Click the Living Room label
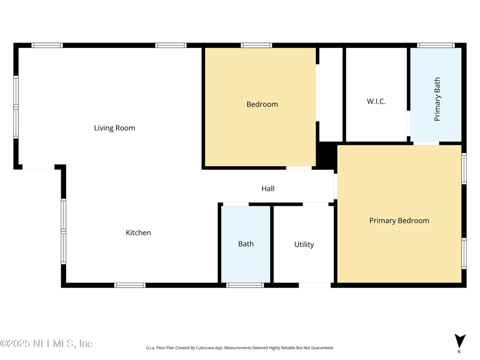pos(114,128)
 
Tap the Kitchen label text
pos(138,233)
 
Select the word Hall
pos(268,188)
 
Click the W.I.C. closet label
pos(376,101)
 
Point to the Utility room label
pos(304,244)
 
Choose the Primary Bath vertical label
pos(437,99)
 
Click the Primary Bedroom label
pos(399,220)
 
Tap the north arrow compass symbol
pos(460,340)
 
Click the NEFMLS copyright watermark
pos(47,344)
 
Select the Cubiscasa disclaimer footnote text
pos(239,348)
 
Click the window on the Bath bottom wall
pos(245,285)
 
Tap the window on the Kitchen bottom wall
pos(130,285)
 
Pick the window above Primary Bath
pos(436,45)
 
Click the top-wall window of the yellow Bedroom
pos(256,45)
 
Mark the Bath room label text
pos(245,244)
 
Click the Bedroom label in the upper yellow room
pos(262,104)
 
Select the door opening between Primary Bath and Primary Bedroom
pos(426,143)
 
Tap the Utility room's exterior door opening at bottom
pos(314,285)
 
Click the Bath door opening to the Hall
pos(236,205)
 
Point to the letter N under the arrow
pos(460,352)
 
